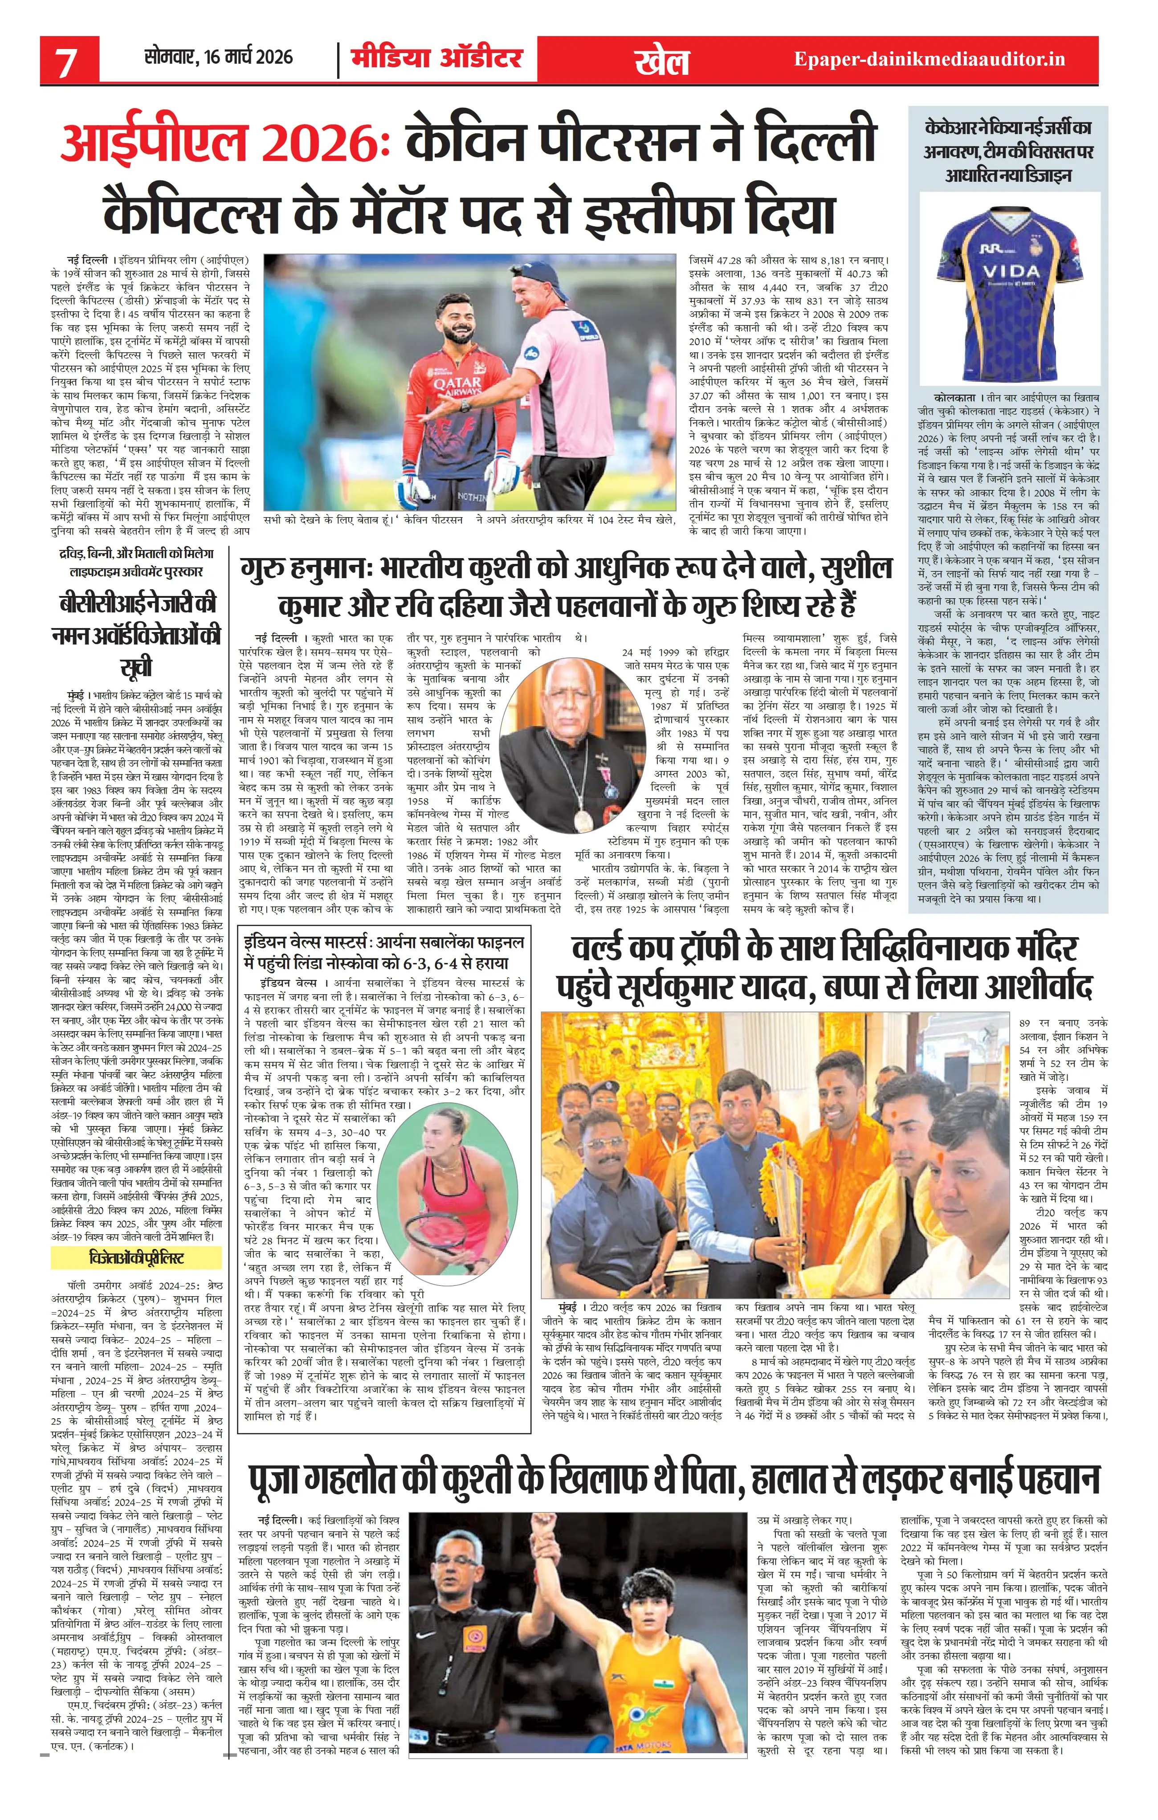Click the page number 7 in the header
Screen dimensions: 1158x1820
pyautogui.click(x=66, y=61)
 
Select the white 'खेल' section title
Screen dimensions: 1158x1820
pyautogui.click(x=662, y=61)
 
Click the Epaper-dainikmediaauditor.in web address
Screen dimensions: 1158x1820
pyautogui.click(x=929, y=59)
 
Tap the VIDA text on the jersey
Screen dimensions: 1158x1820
pyautogui.click(x=1011, y=270)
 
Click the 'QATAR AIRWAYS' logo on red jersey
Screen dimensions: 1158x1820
pyautogui.click(x=458, y=387)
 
